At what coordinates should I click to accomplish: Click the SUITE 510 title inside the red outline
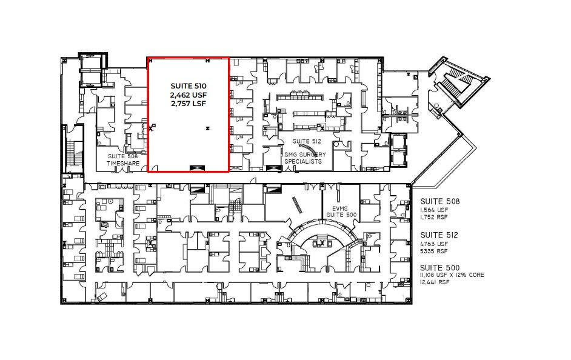coord(188,86)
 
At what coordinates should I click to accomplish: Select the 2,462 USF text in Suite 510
coord(188,95)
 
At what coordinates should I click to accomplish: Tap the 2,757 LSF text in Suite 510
coord(188,104)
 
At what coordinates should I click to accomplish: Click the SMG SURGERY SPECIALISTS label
coord(304,159)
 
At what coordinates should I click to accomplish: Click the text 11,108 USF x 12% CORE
coord(452,275)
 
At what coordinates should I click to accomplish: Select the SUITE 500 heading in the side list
coord(439,267)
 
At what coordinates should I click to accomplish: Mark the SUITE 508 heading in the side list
coord(439,201)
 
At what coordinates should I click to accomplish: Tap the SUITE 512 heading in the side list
coord(439,234)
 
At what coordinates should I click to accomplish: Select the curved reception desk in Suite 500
coord(319,232)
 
